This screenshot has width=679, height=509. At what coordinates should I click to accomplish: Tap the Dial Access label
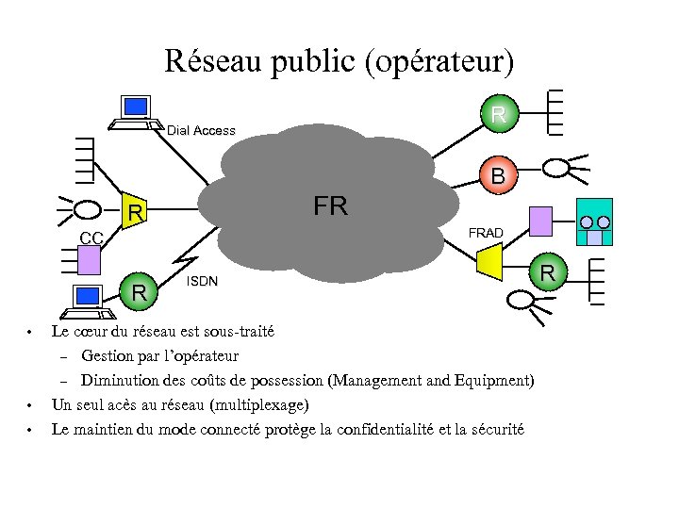201,131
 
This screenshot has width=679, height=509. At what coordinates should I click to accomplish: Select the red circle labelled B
498,175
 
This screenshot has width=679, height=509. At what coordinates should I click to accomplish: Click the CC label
91,237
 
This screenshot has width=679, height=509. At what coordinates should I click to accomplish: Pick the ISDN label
203,281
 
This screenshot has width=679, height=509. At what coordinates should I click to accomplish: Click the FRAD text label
486,233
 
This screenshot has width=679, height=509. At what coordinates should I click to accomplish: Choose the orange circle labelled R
546,273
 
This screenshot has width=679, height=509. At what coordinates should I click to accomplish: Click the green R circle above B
499,115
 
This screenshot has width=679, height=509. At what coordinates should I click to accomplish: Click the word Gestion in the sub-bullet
107,356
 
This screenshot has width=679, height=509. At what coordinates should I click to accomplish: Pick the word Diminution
118,381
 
